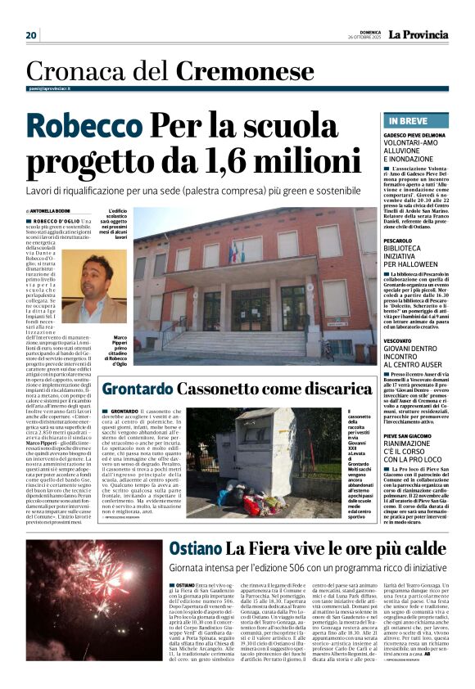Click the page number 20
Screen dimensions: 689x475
coord(31,35)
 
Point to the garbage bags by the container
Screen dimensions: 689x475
coord(241,494)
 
